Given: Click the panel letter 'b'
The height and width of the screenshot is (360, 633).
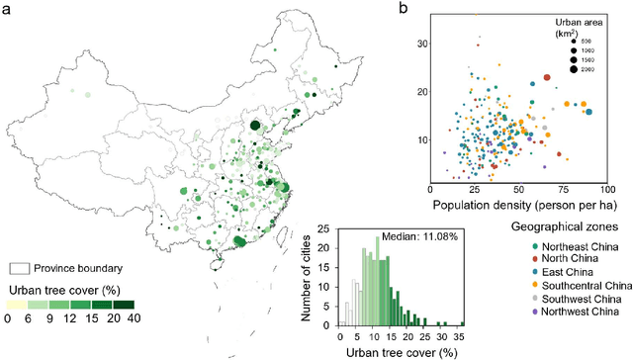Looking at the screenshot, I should click(404, 9).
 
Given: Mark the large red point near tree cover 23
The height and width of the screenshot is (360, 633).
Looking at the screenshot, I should click(547, 77).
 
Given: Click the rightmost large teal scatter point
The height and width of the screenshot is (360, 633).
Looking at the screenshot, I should click(589, 112).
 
